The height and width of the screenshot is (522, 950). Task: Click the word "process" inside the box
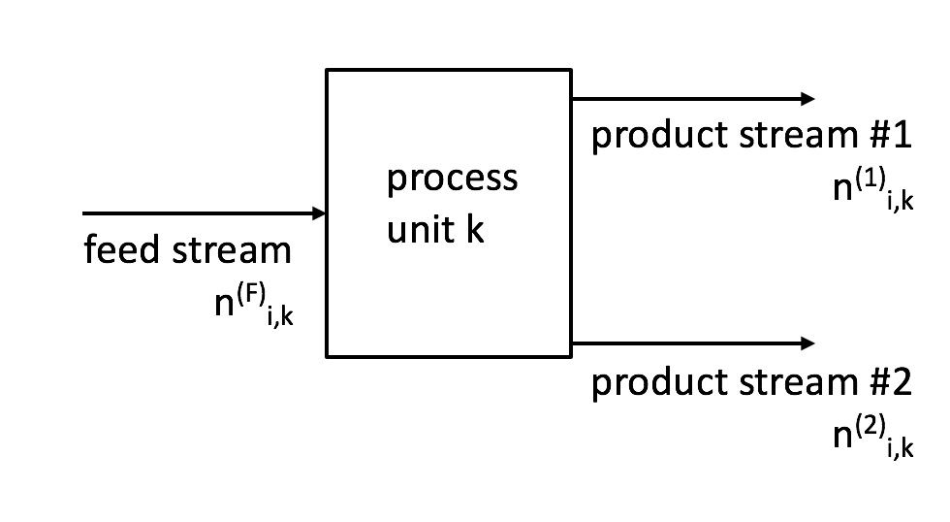tap(452, 179)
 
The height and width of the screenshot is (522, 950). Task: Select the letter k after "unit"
tap(475, 229)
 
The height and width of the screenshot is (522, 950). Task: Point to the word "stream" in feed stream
tap(232, 249)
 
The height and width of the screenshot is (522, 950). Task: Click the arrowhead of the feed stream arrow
tap(319, 213)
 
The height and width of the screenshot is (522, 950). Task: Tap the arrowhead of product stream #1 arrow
tap(807, 99)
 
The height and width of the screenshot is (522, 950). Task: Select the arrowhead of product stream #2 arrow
tap(807, 343)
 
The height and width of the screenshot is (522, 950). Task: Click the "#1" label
tap(890, 135)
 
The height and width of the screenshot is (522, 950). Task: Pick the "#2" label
tap(890, 382)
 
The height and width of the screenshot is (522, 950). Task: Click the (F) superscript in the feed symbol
tap(251, 295)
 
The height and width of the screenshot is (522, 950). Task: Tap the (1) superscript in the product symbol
tap(871, 179)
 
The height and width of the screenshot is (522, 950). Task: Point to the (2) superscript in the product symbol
tap(871, 426)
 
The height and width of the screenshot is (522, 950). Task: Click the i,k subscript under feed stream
tap(280, 315)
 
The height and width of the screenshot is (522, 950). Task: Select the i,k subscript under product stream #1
tap(901, 200)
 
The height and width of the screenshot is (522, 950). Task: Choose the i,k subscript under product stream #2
tap(901, 447)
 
